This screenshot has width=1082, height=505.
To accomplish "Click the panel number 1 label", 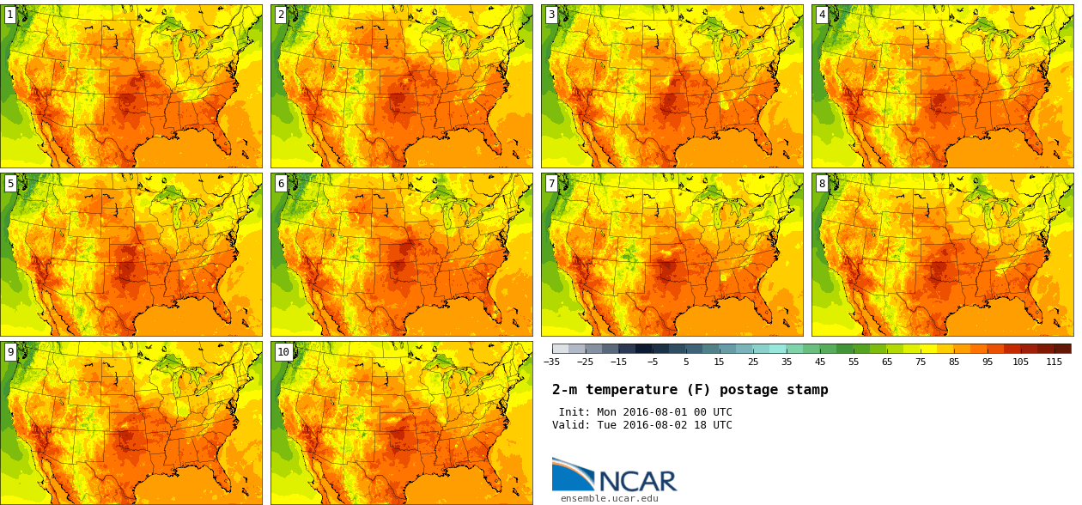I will tap(10, 15).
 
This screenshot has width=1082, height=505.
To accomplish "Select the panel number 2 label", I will tap(281, 15).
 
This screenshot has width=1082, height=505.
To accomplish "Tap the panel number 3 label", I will tap(551, 15).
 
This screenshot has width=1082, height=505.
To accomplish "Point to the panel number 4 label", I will tap(822, 15).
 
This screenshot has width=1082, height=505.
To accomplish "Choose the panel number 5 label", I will tap(10, 184).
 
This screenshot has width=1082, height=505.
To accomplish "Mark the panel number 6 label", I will tap(281, 184).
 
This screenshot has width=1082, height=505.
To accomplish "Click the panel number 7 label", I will tap(551, 184).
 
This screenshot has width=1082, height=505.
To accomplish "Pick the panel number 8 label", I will tap(822, 184).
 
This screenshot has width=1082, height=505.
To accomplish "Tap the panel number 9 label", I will tap(10, 352).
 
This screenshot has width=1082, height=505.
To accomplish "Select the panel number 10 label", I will tap(283, 352).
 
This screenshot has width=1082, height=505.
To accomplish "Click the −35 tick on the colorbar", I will tap(551, 362).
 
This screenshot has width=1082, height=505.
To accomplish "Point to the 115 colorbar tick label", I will tap(1054, 362).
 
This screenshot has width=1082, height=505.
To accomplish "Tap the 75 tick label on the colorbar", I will tap(920, 362).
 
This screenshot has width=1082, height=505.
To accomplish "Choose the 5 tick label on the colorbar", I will tap(685, 362).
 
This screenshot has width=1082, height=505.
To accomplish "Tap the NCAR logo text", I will tap(637, 481).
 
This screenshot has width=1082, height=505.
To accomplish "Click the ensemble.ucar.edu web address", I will tap(609, 498).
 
